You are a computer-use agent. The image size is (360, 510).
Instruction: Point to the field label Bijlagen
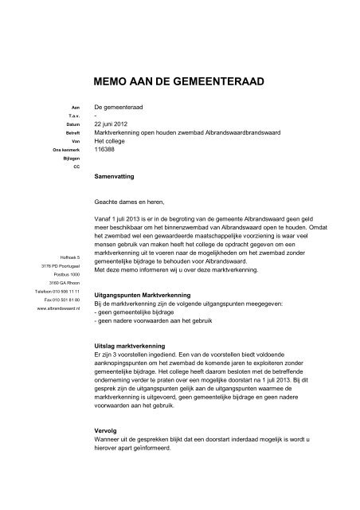(71, 159)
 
